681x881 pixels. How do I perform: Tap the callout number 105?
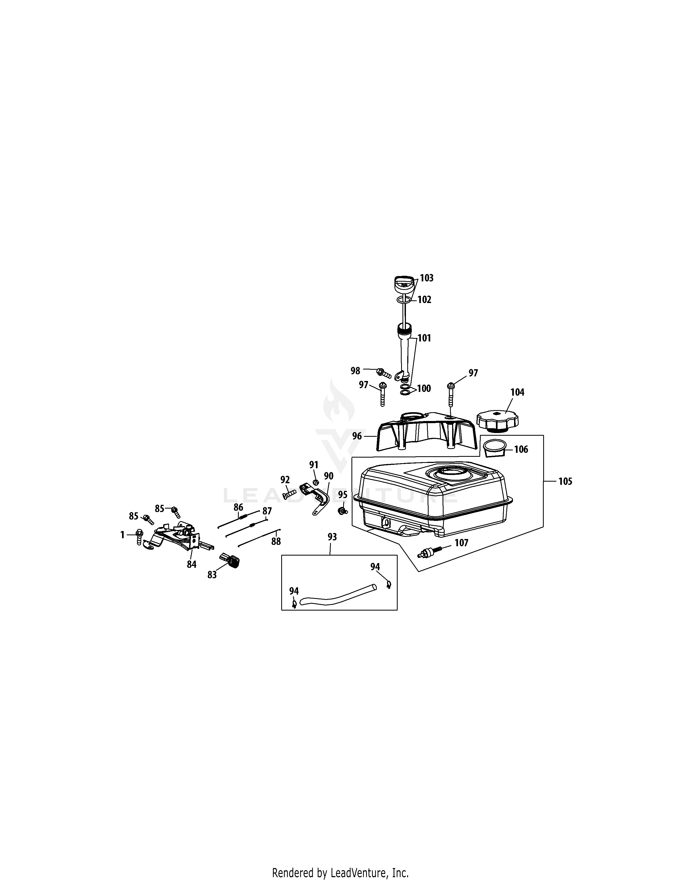pos(565,481)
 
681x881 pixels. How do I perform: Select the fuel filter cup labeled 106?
pos(495,449)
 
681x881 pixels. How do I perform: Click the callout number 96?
pos(357,436)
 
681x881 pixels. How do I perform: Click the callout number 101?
pos(424,338)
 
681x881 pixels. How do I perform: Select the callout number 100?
pos(424,388)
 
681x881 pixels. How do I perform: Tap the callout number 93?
pos(332,537)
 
